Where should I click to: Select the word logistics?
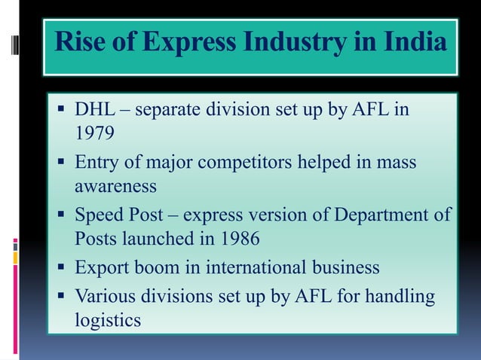(x=107, y=320)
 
